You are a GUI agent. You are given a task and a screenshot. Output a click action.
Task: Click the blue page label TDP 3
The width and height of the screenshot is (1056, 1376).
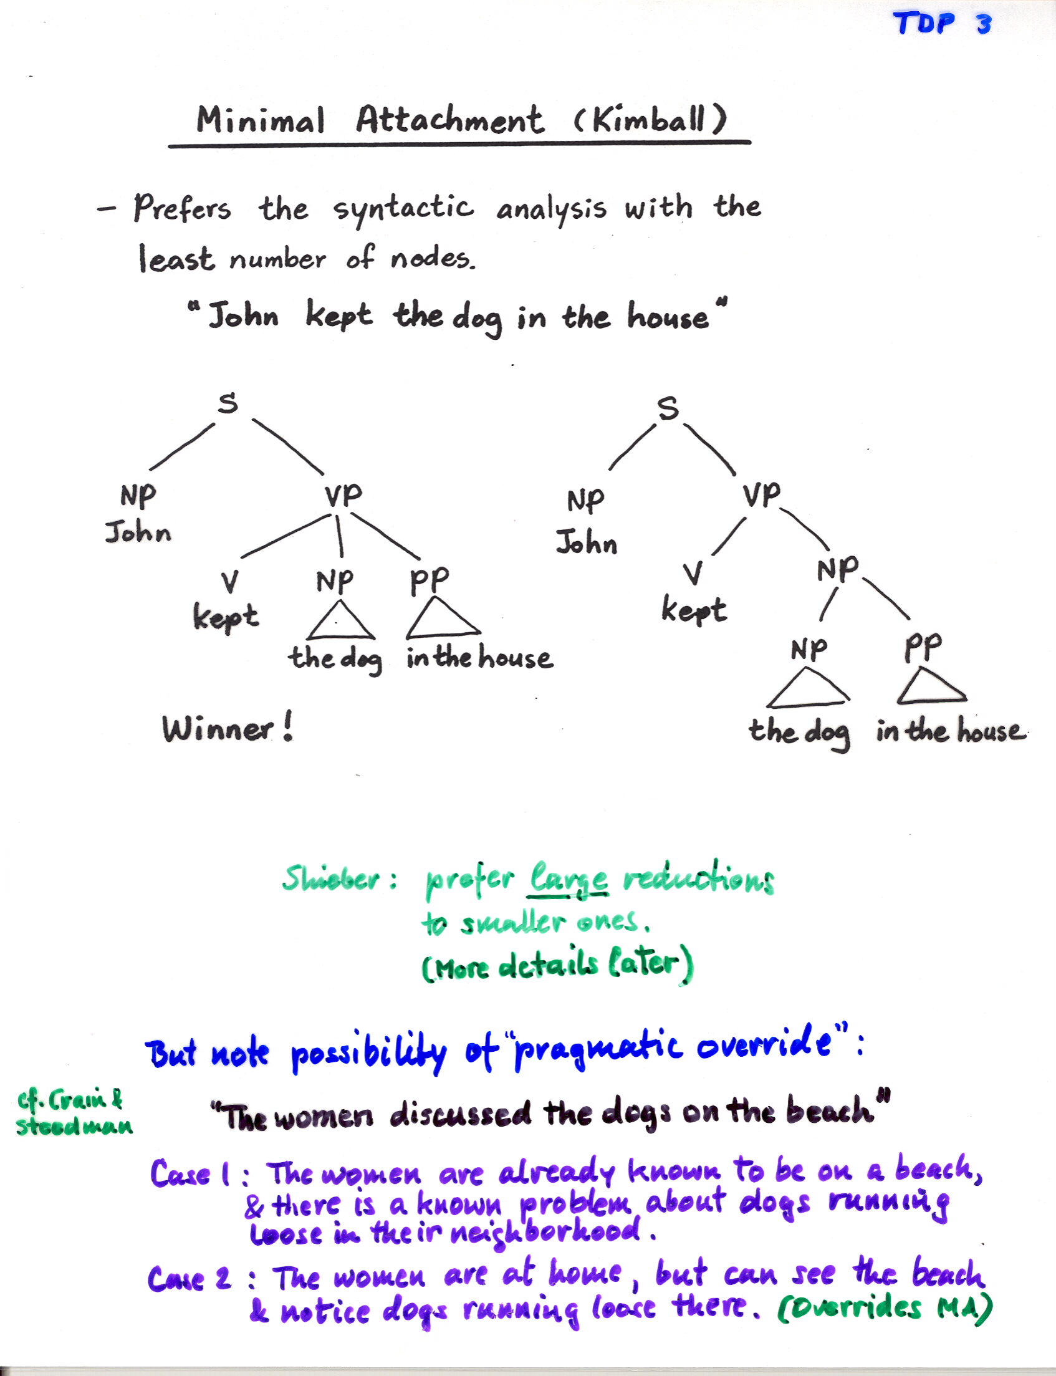[x=942, y=24]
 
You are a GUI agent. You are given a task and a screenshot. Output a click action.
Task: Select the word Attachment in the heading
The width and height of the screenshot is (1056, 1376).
[x=449, y=119]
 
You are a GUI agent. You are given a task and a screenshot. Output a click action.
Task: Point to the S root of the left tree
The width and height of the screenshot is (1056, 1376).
[x=228, y=402]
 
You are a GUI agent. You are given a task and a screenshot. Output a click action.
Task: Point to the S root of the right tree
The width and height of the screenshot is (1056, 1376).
[x=668, y=408]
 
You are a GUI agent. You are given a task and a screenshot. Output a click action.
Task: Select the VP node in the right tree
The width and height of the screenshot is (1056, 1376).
[x=761, y=495]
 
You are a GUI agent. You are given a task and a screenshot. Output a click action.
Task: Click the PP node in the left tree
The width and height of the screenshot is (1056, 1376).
[x=430, y=581]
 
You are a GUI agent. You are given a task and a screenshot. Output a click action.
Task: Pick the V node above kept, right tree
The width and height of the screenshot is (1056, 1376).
[x=693, y=573]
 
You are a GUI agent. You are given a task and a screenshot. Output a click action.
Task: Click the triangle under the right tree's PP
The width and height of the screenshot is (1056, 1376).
[x=931, y=685]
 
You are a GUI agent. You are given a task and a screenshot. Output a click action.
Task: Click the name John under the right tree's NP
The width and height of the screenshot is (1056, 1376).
[x=587, y=542]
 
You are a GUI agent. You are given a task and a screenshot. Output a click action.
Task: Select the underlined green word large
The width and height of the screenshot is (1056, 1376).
[x=569, y=877]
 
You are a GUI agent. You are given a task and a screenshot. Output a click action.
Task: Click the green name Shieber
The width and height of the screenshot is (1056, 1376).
[x=331, y=877]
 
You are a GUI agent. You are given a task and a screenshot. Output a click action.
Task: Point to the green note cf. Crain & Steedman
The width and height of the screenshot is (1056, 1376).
[x=74, y=1113]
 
